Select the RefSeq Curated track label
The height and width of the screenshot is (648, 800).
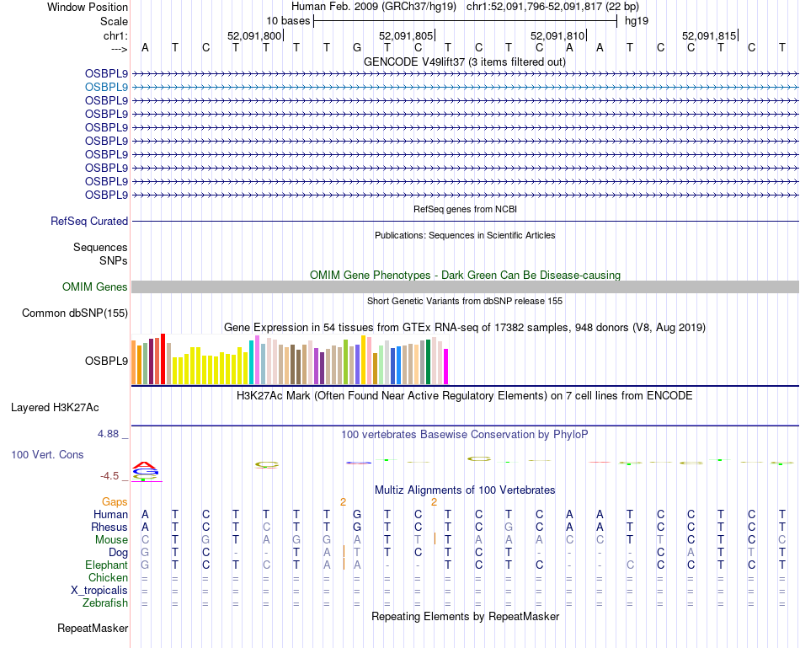(89, 221)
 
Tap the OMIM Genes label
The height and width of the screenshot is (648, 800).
(95, 287)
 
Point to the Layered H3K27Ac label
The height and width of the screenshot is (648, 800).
(55, 408)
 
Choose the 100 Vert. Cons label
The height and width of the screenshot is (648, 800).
(47, 454)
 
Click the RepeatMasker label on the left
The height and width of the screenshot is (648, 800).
(93, 628)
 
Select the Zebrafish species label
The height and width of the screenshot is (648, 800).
(105, 602)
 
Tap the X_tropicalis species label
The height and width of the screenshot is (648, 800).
(99, 590)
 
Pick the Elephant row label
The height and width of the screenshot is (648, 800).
(106, 565)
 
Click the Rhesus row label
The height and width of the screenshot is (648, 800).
(109, 527)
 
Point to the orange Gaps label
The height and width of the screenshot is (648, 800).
(115, 501)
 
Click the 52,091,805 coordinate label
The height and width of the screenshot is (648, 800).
(406, 35)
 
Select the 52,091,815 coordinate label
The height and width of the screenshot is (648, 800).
(709, 35)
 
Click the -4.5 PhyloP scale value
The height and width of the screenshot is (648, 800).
(112, 476)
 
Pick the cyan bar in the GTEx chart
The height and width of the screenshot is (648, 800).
(252, 362)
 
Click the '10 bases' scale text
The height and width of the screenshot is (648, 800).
(287, 20)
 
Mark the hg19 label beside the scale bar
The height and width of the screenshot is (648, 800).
(637, 20)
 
